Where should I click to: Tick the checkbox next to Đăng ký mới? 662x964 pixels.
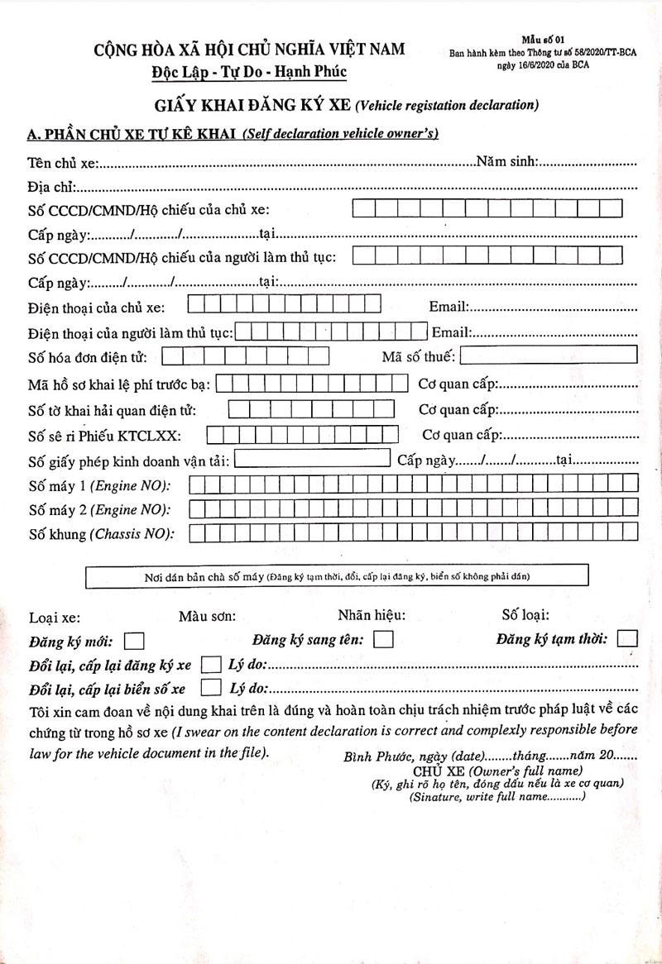click(134, 640)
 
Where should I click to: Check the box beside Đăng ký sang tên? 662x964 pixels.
click(383, 639)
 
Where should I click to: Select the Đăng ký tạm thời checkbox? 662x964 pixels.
click(627, 638)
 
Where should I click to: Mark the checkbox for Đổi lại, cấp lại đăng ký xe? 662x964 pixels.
click(211, 665)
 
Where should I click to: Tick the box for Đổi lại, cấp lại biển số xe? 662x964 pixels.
click(211, 688)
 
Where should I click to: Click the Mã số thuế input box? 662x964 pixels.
click(548, 356)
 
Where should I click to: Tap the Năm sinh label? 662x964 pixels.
click(508, 161)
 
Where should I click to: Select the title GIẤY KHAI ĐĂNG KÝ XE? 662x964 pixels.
click(252, 105)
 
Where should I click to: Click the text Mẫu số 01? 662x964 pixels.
click(542, 39)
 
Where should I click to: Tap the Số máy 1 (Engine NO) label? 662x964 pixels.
click(98, 485)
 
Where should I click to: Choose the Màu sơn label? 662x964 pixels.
click(207, 616)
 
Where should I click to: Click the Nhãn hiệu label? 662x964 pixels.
click(372, 615)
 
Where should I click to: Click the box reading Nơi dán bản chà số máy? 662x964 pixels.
click(337, 575)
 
